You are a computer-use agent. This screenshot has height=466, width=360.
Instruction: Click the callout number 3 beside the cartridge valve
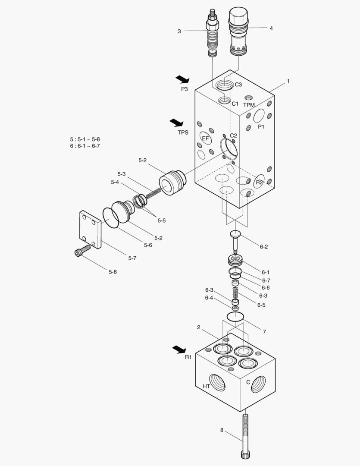pos(179,31)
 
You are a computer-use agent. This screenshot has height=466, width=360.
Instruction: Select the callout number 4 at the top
pos(271,28)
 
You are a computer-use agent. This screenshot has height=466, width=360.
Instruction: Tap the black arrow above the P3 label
pos(182,79)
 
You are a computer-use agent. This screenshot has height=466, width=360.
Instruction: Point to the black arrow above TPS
pos(176,123)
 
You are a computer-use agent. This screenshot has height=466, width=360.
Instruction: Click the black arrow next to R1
pos(179,349)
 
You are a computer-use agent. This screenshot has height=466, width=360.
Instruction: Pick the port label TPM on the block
pos(249,105)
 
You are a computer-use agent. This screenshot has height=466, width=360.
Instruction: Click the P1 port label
pos(261,127)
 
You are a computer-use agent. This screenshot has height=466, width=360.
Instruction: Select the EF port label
pos(206,139)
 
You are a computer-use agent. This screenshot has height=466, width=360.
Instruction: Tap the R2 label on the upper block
pos(259,183)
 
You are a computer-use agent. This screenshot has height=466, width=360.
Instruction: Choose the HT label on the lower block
pos(207,386)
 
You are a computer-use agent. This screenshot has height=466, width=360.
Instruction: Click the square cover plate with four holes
pos(90,230)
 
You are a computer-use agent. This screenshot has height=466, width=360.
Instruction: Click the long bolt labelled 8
pos(246,436)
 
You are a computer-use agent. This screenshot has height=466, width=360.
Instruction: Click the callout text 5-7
pos(133,258)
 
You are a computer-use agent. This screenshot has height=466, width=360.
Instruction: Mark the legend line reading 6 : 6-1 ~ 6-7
pos(85,146)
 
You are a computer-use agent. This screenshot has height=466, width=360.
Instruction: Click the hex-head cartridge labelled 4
pos(238,30)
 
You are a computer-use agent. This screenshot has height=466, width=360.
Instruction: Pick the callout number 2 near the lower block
pos(199,327)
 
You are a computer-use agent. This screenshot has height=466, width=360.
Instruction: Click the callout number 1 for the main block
pos(288,81)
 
